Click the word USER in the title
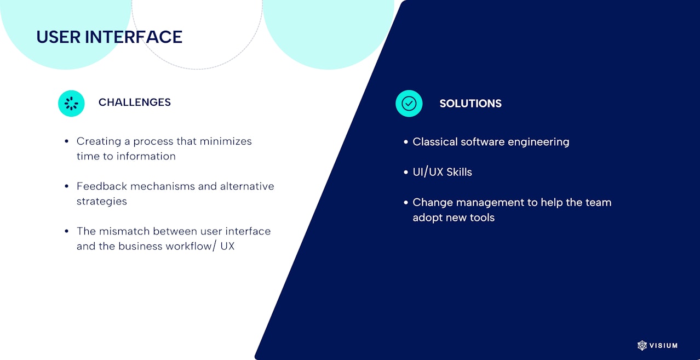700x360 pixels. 59,37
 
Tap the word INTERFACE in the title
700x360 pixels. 134,37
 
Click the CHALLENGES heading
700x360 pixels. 135,102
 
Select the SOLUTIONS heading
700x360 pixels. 471,104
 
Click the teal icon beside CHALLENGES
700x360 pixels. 71,104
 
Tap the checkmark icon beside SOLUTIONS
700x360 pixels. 409,104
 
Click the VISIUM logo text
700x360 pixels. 663,346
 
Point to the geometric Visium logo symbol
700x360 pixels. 642,345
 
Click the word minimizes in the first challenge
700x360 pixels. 226,141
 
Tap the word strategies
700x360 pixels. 102,202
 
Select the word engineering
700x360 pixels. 538,142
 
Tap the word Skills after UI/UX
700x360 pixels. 459,172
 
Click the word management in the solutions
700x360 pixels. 490,203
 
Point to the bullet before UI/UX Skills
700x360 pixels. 406,172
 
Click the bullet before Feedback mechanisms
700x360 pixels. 67,186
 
